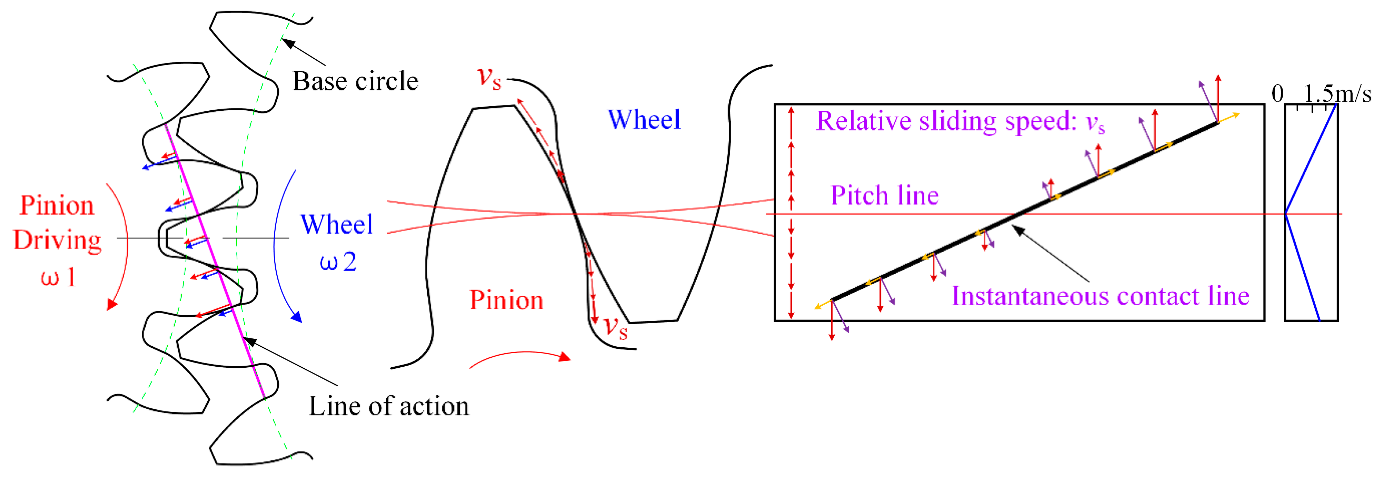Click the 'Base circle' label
tap(355, 82)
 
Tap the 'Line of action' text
tap(389, 406)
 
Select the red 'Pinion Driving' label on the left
tap(57, 223)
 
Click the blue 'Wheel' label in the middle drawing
tap(644, 120)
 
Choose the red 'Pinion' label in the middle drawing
tap(506, 300)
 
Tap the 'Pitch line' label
tap(885, 195)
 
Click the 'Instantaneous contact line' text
tap(1100, 296)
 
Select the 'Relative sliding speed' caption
tap(960, 121)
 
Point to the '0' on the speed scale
tap(1277, 94)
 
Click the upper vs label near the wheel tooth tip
tap(489, 78)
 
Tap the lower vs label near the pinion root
tap(615, 327)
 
